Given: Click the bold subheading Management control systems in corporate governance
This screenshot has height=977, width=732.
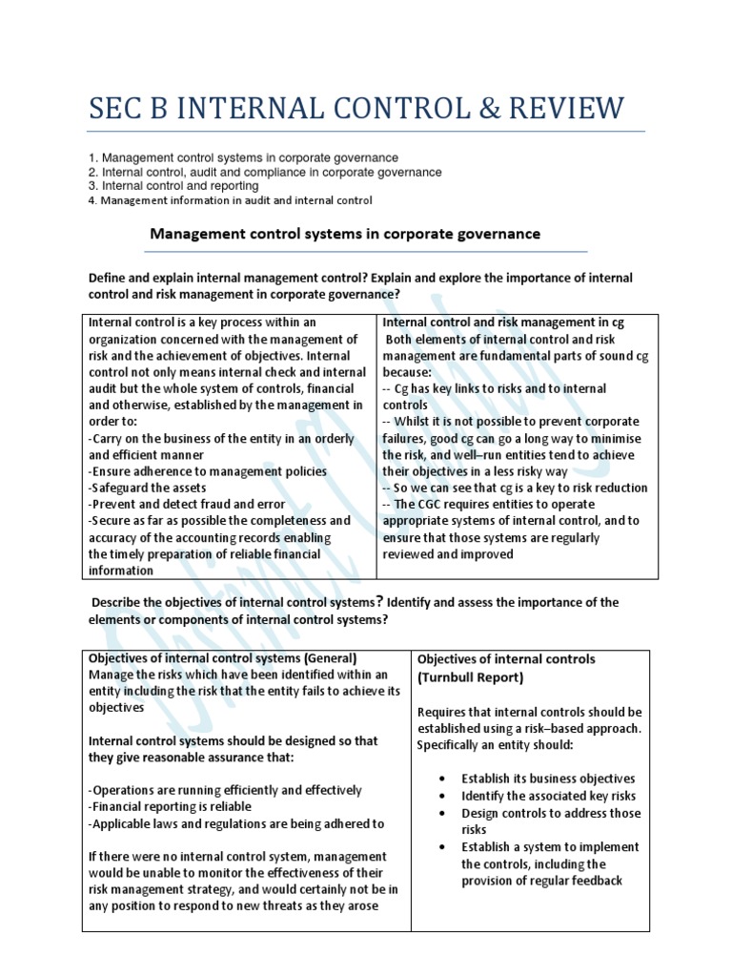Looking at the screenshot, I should (344, 233).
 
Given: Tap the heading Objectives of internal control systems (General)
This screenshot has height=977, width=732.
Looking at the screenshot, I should (222, 658).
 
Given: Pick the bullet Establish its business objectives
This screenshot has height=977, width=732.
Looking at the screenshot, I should (548, 779).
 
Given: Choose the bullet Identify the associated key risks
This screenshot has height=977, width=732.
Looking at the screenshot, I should (548, 796).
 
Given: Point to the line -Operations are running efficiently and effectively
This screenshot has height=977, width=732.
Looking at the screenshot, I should (225, 790).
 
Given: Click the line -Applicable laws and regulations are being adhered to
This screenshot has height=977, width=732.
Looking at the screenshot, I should (236, 824).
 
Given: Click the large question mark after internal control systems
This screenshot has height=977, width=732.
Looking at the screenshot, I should (378, 601).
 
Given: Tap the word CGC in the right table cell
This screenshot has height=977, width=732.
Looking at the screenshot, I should (430, 504).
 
